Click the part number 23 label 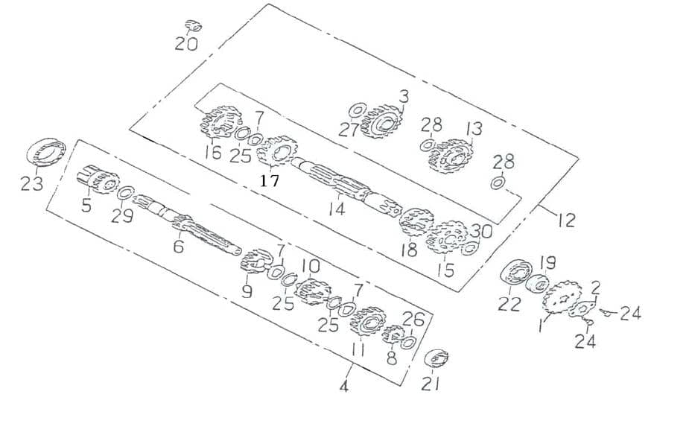(32, 183)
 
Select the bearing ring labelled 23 (46, 152)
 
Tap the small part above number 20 (193, 25)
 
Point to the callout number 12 (566, 220)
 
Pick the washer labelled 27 (358, 111)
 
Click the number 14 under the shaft (337, 209)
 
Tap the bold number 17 (270, 180)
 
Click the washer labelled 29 (126, 193)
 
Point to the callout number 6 (179, 247)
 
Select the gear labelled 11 (368, 324)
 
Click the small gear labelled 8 (392, 334)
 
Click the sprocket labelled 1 (562, 299)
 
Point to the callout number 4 (344, 387)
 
